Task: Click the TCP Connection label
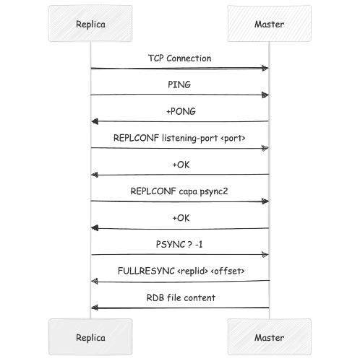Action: [179, 58]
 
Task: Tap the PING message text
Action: [180, 84]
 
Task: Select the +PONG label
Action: [180, 111]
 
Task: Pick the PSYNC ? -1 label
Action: [180, 244]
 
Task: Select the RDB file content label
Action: [180, 297]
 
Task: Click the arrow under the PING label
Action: [180, 95]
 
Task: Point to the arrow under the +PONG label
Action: [180, 121]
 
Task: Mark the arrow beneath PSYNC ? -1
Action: [180, 254]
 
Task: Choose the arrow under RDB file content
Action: [180, 308]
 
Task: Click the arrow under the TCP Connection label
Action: [180, 68]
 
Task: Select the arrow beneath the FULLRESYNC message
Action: [180, 281]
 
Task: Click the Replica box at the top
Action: [90, 24]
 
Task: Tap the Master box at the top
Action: [269, 24]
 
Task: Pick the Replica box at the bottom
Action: [90, 337]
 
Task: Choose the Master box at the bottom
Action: [269, 337]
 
